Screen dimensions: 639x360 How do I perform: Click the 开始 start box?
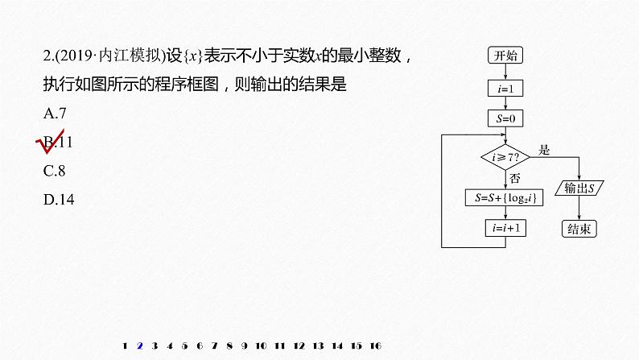point(505,55)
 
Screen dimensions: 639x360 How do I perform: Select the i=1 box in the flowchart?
point(505,86)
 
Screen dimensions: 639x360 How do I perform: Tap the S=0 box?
point(505,118)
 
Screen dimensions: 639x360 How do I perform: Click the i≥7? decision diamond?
point(505,156)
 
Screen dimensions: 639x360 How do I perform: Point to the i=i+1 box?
point(505,228)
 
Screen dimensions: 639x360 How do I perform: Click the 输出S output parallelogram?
point(579,188)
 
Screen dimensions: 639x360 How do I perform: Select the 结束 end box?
point(579,228)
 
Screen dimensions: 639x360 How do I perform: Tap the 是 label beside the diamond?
point(543,149)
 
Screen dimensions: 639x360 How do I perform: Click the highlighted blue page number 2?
point(140,346)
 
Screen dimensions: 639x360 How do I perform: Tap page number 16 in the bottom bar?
point(375,346)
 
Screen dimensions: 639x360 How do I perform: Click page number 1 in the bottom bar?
point(125,346)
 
